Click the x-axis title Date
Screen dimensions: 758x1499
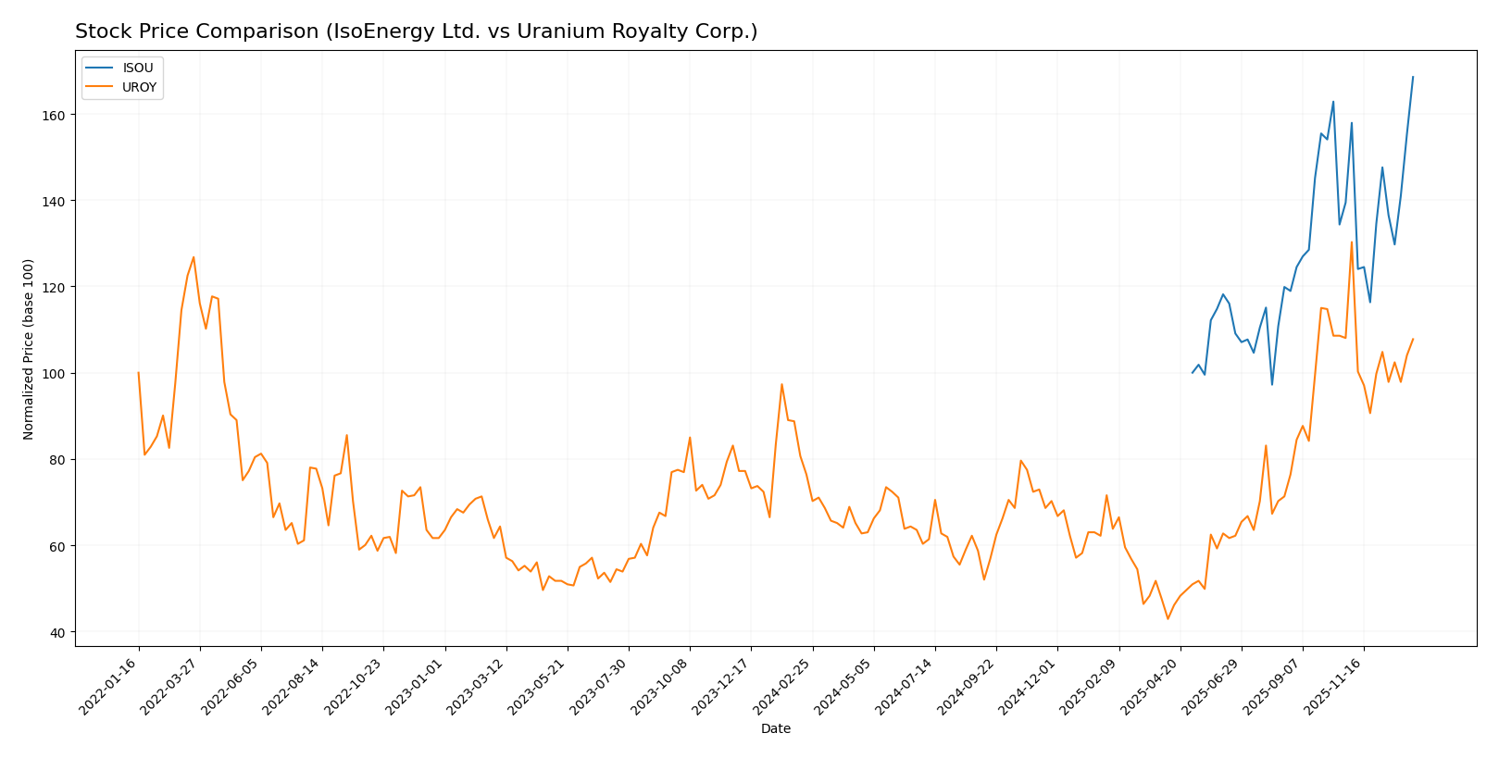pos(776,729)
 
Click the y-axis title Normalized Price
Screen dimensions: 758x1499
pos(29,349)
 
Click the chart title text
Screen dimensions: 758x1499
pos(416,31)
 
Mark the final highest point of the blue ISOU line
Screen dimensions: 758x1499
pos(1413,77)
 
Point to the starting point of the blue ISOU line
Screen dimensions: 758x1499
pos(1193,373)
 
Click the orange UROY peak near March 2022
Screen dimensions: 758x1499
pos(194,257)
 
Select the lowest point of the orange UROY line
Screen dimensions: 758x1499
pos(1168,618)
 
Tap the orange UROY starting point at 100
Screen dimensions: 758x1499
pos(139,373)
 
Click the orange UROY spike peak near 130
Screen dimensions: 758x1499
pos(1352,242)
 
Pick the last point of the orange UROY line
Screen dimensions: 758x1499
pos(1413,339)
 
